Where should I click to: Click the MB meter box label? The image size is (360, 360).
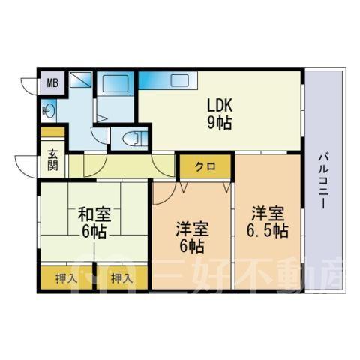tap(52, 82)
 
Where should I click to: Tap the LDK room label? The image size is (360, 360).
tap(220, 105)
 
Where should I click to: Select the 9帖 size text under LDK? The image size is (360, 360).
tap(219, 122)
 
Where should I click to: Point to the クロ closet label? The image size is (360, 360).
tap(205, 166)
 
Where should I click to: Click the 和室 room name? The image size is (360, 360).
tap(94, 214)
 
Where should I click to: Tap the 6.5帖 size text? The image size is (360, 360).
tap(268, 230)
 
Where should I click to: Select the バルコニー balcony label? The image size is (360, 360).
tap(322, 181)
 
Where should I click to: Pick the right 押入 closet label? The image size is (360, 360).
tap(121, 278)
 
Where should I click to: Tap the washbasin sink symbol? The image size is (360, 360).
tap(49, 110)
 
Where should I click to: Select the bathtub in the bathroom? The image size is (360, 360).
tap(115, 84)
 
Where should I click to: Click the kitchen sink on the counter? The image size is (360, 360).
tap(179, 80)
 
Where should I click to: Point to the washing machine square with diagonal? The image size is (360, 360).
tap(80, 79)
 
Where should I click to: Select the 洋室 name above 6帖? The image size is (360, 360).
tap(192, 229)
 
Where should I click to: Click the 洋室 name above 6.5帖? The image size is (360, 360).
tap(268, 213)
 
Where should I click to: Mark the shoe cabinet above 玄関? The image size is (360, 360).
tap(52, 132)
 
